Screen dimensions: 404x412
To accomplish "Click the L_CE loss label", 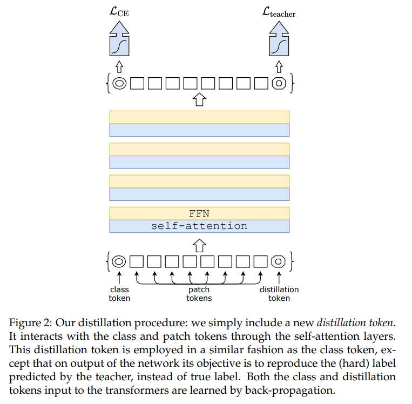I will tap(119, 11).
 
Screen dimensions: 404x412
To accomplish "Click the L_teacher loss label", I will tap(278, 11).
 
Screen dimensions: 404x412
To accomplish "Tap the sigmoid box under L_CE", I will tap(119, 44).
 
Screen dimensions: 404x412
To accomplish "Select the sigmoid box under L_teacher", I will tap(278, 44).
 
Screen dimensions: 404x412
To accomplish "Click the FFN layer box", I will tap(199, 213).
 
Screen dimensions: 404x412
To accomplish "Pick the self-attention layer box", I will tap(199, 226).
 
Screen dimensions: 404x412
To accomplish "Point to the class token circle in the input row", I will tap(119, 261).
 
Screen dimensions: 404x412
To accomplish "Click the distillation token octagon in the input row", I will tap(279, 261).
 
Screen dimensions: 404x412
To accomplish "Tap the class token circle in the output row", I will tap(119, 83).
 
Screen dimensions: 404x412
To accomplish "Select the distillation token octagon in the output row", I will tap(279, 83).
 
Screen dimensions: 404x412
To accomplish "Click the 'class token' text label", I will tap(119, 294).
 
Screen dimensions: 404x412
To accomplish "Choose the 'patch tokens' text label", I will tap(199, 294).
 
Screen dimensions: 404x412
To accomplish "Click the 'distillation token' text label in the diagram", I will tap(279, 294).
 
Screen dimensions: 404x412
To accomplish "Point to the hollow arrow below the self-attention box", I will tap(199, 245).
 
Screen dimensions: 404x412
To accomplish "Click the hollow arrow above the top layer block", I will tap(199, 99).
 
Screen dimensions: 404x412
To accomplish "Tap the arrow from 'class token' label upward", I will tap(119, 278).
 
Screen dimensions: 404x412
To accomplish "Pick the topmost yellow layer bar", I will tap(199, 117).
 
